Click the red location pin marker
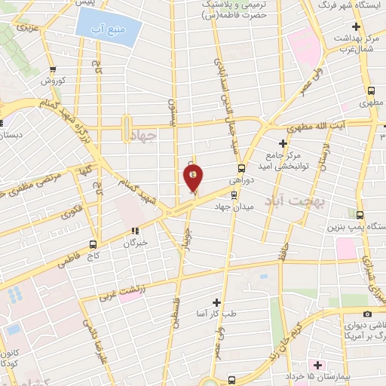194,178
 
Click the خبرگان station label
135,244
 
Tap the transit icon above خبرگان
136,231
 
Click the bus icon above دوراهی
241,169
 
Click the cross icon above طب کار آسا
217,302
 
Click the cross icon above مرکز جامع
283,143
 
